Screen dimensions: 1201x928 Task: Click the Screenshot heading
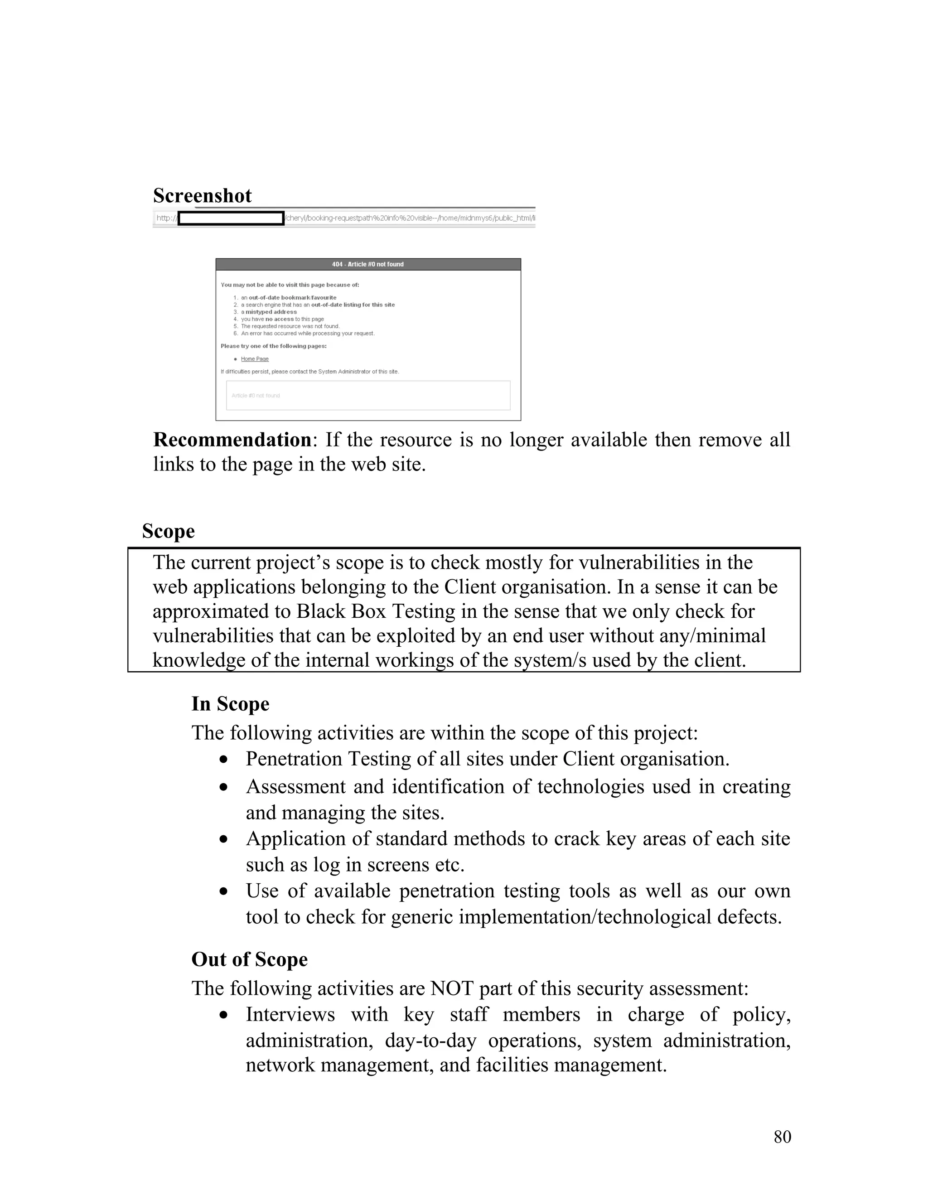(202, 196)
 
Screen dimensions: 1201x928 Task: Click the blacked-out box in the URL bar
(231, 218)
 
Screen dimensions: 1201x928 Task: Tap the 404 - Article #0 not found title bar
(368, 265)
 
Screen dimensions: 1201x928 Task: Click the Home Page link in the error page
(255, 359)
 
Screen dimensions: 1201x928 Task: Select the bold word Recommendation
(232, 440)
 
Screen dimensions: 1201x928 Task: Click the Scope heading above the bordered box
(168, 531)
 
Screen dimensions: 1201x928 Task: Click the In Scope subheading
(230, 704)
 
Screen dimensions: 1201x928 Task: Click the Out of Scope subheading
(249, 959)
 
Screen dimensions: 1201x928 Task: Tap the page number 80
(782, 1137)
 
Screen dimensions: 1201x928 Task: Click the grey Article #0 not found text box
(368, 395)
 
